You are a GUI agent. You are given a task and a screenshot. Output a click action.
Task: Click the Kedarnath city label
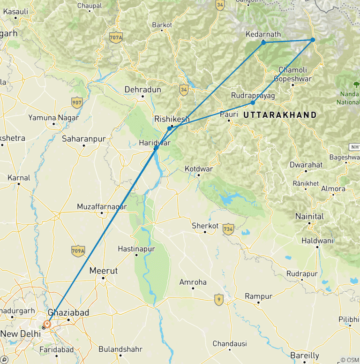point(263,34)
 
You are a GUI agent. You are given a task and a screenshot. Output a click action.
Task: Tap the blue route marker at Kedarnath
point(263,42)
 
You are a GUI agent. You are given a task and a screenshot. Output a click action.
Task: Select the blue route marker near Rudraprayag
point(253,103)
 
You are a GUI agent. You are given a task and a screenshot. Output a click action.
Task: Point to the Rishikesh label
point(171,119)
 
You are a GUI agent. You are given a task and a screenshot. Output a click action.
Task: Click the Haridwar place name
point(155,143)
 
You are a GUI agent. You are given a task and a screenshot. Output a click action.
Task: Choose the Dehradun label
point(142,90)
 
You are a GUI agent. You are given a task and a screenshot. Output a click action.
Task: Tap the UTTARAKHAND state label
point(280,114)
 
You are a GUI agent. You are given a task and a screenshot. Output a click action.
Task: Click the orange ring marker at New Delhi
point(47,324)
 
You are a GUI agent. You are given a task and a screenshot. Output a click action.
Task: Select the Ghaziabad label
point(68,312)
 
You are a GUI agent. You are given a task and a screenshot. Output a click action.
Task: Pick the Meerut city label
point(104,271)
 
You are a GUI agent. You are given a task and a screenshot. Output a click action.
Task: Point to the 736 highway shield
point(228,227)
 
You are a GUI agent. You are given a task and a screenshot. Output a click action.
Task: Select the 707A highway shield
point(116,38)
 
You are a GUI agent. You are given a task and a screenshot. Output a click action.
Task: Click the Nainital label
point(309,217)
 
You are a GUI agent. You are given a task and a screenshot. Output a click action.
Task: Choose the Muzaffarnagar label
point(101,206)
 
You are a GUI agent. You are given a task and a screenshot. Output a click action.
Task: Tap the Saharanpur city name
point(84,139)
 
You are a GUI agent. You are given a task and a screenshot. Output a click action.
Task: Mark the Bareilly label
point(305,356)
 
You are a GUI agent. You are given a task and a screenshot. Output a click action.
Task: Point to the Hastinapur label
point(136,248)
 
